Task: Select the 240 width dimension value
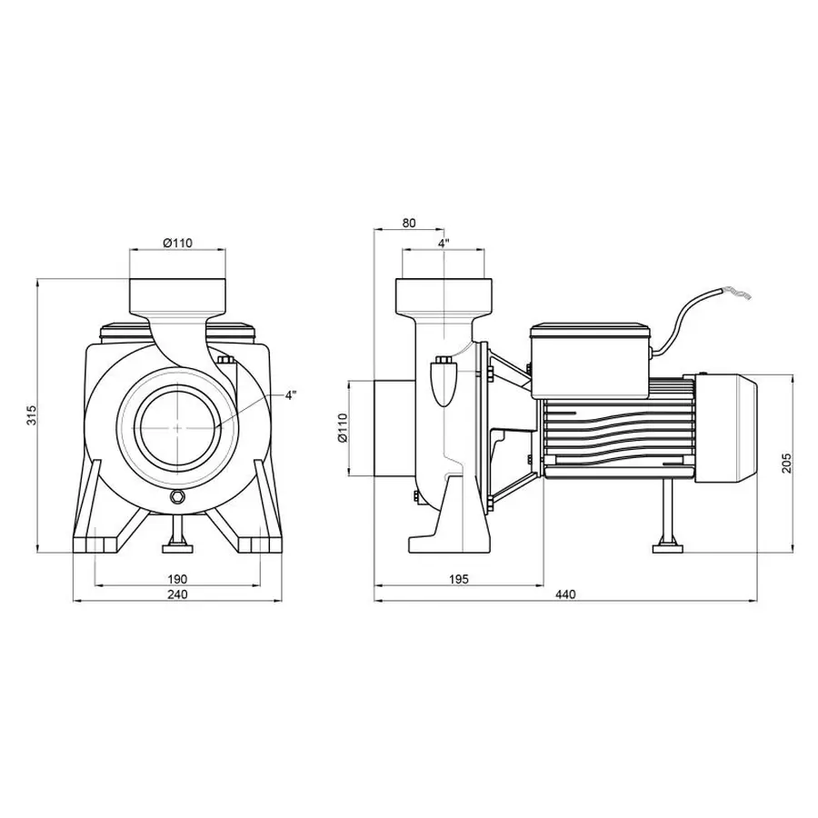tap(177, 594)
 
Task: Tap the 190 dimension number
tap(177, 578)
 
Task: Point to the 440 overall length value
tap(565, 594)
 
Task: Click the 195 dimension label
tap(459, 578)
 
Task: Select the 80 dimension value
tap(408, 222)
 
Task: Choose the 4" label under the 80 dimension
tap(444, 244)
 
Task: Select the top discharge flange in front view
tap(176, 296)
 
